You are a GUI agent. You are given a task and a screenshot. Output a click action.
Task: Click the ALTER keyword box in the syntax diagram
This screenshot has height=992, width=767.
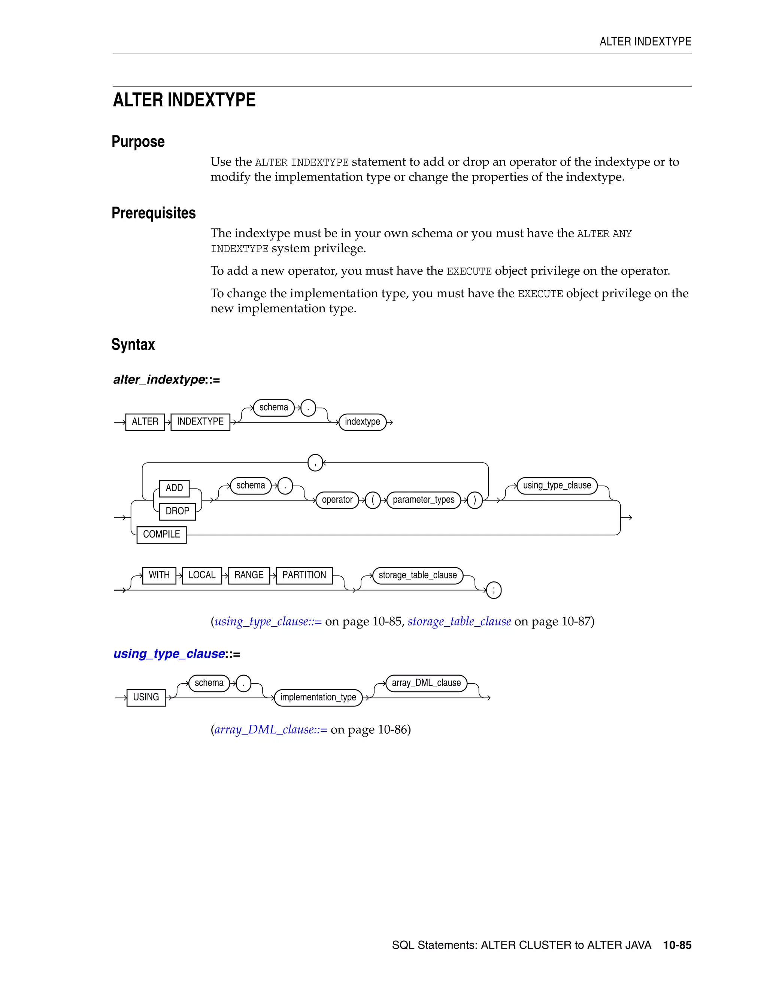tap(145, 422)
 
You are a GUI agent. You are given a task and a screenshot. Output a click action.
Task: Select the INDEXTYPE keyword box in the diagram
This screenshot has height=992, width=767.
tap(200, 422)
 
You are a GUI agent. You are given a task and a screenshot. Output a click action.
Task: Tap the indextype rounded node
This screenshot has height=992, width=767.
tap(362, 422)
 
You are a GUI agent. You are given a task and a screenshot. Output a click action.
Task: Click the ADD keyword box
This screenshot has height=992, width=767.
tap(174, 488)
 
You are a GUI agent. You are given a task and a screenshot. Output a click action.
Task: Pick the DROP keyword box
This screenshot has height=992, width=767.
tap(177, 511)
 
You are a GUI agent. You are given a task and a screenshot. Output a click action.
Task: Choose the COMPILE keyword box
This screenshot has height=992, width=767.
tap(161, 535)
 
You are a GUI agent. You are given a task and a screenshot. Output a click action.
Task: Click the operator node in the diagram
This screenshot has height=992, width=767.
tap(337, 500)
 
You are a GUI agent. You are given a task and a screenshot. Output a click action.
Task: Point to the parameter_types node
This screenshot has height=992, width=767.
tap(423, 500)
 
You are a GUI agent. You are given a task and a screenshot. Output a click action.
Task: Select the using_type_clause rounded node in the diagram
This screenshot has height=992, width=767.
tap(557, 486)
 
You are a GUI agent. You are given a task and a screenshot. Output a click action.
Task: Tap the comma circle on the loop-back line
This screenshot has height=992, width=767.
tap(315, 463)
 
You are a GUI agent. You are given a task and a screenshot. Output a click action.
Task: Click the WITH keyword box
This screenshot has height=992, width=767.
tap(159, 575)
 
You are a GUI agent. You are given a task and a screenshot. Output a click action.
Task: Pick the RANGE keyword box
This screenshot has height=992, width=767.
tap(249, 575)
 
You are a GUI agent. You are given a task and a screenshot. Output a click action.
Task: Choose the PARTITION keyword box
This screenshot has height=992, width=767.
tap(304, 575)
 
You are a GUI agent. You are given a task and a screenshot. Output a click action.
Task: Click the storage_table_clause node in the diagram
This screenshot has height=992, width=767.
tap(418, 575)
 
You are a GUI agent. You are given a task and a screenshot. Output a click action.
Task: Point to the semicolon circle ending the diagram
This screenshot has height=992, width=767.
tap(494, 590)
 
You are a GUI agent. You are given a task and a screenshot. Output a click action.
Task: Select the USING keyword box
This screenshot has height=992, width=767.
tap(146, 697)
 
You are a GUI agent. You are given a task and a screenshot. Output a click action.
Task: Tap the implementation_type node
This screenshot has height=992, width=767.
tap(318, 698)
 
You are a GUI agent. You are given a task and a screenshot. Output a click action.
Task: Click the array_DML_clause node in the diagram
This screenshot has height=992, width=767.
tap(426, 683)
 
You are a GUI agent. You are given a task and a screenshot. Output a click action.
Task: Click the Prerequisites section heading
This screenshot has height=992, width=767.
tap(154, 213)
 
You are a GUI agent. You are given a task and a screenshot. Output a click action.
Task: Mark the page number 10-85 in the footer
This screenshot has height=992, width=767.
tap(677, 945)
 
